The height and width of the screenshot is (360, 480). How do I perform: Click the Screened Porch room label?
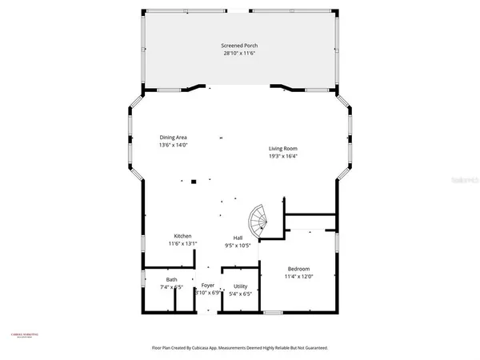click(x=239, y=46)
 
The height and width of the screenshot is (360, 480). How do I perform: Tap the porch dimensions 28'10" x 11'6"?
click(x=239, y=54)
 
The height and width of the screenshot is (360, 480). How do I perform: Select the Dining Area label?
click(x=174, y=138)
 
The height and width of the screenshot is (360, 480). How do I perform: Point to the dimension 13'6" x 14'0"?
click(x=174, y=146)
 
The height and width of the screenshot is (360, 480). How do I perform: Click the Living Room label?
click(x=282, y=149)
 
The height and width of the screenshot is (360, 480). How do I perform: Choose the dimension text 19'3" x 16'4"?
click(x=282, y=157)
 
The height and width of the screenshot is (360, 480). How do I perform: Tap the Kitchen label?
click(x=182, y=236)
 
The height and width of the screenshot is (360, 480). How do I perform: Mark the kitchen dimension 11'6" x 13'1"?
click(x=182, y=244)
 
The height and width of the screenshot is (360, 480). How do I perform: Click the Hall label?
click(x=238, y=238)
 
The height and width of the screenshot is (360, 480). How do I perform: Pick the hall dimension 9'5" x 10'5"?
click(x=238, y=246)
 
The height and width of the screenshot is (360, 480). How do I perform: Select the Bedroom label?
click(x=298, y=269)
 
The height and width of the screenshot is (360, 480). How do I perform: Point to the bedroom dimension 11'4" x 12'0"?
click(x=298, y=277)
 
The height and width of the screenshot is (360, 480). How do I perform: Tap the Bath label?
click(x=172, y=279)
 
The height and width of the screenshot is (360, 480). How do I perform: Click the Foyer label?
click(x=208, y=285)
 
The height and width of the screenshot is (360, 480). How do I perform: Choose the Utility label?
click(x=241, y=286)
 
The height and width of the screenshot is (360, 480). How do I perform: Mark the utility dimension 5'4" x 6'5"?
click(x=241, y=294)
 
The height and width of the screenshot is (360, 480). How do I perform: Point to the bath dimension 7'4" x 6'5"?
click(x=172, y=287)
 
